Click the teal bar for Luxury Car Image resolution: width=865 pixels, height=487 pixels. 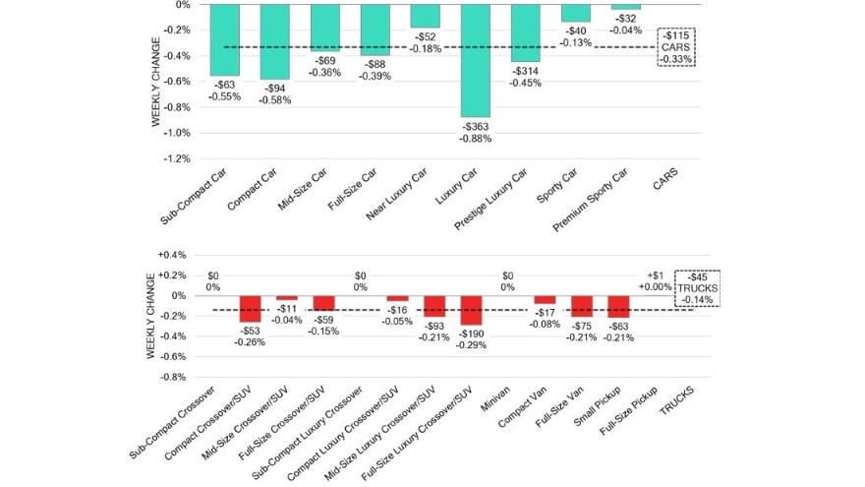[x=476, y=60]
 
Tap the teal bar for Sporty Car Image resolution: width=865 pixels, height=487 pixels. [x=576, y=13]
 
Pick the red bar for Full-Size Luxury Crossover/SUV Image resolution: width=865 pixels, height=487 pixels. [x=472, y=310]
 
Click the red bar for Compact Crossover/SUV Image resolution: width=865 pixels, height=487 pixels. [x=251, y=308]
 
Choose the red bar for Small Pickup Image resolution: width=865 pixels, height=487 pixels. [x=618, y=306]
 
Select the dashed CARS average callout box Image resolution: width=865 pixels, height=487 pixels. [x=676, y=46]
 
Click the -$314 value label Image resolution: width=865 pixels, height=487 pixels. [x=526, y=75]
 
